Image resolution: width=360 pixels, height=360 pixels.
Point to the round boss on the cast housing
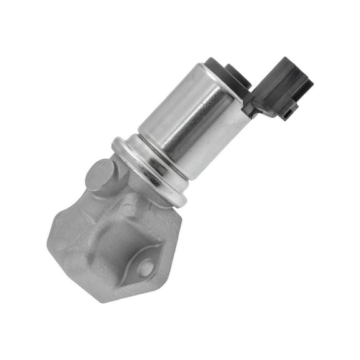pos(100,175)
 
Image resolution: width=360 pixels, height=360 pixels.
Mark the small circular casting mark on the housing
pos(127,210)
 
